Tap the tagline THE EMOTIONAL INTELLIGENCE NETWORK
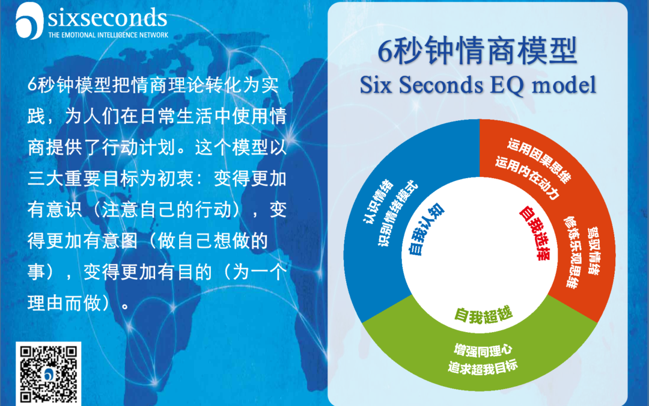pyautogui.click(x=108, y=35)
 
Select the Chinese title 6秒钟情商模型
pyautogui.click(x=478, y=52)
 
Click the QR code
pyautogui.click(x=50, y=373)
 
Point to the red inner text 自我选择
pyautogui.click(x=534, y=232)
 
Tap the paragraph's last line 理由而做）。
pyautogui.click(x=78, y=302)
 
